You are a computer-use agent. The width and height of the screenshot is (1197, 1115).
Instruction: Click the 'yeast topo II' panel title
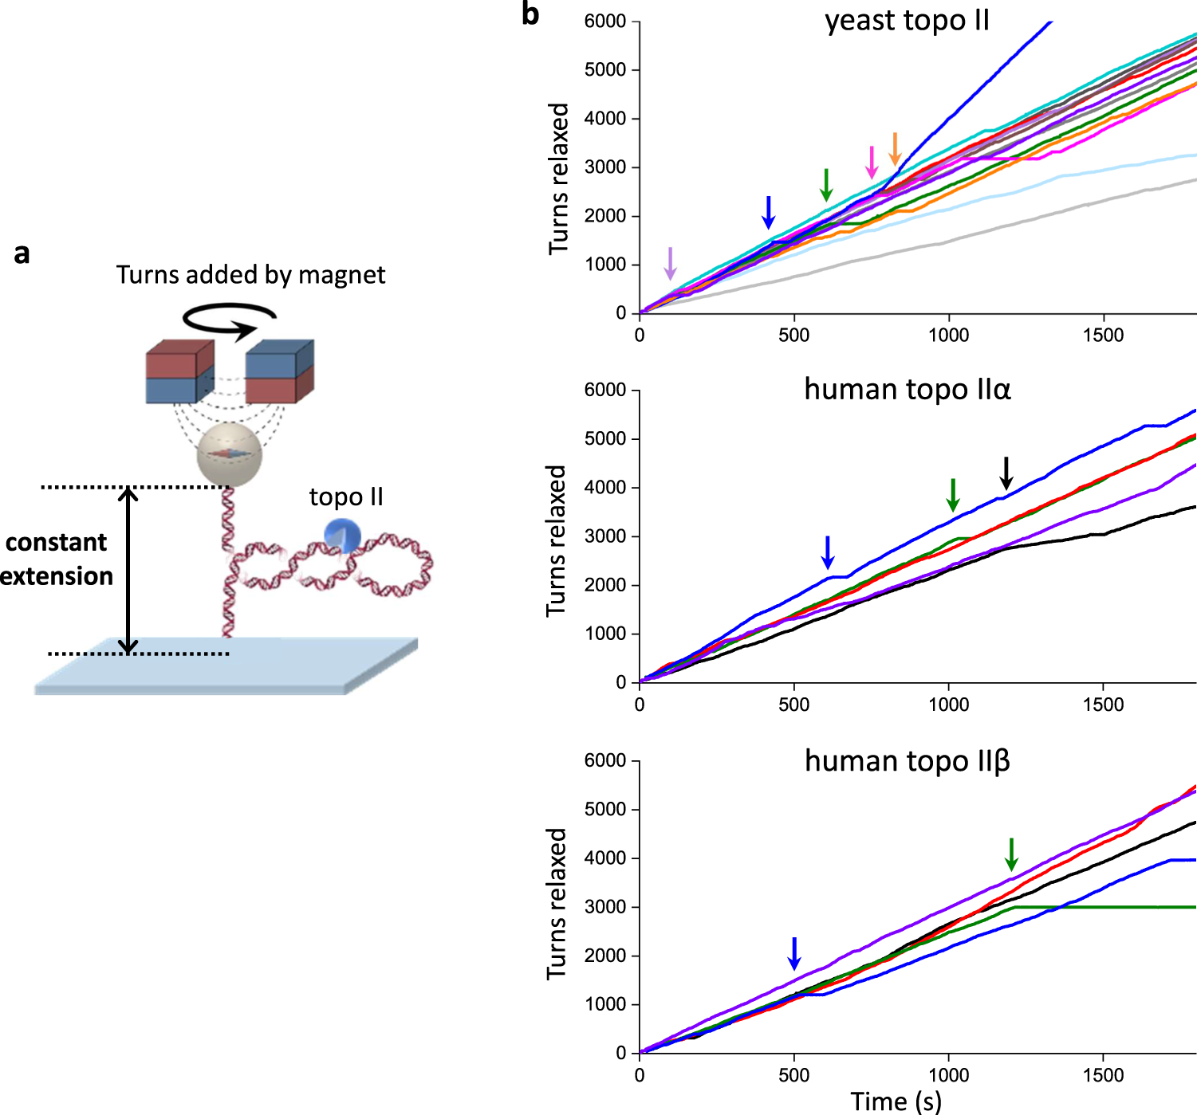click(x=907, y=21)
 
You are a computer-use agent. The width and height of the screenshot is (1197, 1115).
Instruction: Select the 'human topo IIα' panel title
click(x=907, y=390)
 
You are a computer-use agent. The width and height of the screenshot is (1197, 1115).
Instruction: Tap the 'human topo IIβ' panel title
click(x=907, y=761)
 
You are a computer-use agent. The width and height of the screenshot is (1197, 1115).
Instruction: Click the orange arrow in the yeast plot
click(x=895, y=149)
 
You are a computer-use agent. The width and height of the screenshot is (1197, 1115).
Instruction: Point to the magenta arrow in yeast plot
click(x=872, y=163)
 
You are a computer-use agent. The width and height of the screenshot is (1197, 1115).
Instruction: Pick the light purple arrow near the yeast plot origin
click(x=670, y=263)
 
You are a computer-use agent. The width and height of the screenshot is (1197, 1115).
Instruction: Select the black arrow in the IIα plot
click(x=1006, y=473)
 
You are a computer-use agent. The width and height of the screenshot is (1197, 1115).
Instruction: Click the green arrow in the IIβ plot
click(x=1011, y=854)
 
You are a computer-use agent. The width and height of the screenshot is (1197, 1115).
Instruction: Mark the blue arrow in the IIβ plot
click(x=793, y=953)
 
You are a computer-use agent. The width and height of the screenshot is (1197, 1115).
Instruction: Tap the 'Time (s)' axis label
click(x=896, y=1101)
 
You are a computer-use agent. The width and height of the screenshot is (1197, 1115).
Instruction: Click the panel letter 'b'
click(x=530, y=14)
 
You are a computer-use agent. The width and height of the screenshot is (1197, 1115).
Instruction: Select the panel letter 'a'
click(x=22, y=253)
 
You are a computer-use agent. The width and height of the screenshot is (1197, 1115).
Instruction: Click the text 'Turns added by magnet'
click(x=250, y=275)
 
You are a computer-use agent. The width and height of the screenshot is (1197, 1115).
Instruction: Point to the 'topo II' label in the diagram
click(x=346, y=497)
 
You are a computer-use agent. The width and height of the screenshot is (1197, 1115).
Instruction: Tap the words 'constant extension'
click(x=56, y=559)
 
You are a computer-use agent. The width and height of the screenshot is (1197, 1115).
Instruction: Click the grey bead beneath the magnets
click(x=229, y=455)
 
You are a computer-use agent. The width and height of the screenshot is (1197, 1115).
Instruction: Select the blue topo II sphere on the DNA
click(x=343, y=536)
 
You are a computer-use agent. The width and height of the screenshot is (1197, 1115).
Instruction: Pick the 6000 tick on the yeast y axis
click(x=605, y=22)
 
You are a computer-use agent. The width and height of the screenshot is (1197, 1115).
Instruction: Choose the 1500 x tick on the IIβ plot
click(x=1103, y=1075)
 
